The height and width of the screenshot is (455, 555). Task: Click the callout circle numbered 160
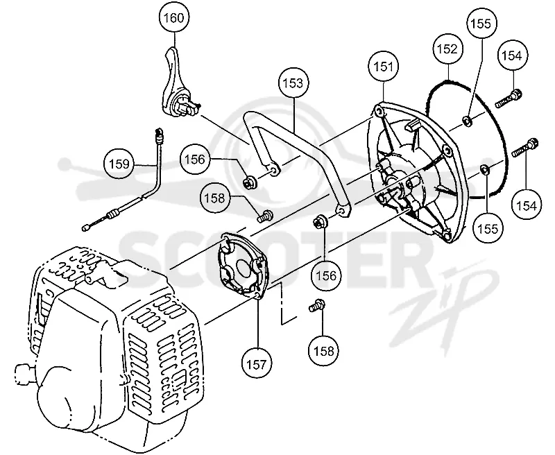(x=174, y=17)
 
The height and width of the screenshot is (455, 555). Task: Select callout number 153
(x=293, y=83)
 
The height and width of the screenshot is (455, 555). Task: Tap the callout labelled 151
(x=384, y=67)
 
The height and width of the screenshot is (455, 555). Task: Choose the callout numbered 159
(x=119, y=164)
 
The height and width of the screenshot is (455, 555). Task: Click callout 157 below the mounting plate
(x=257, y=363)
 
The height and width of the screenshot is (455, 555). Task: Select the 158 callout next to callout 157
(x=323, y=351)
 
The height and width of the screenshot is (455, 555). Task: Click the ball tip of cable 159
(x=85, y=228)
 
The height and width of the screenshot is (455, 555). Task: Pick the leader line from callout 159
(x=146, y=165)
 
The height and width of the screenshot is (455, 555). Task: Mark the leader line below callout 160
(x=175, y=40)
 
